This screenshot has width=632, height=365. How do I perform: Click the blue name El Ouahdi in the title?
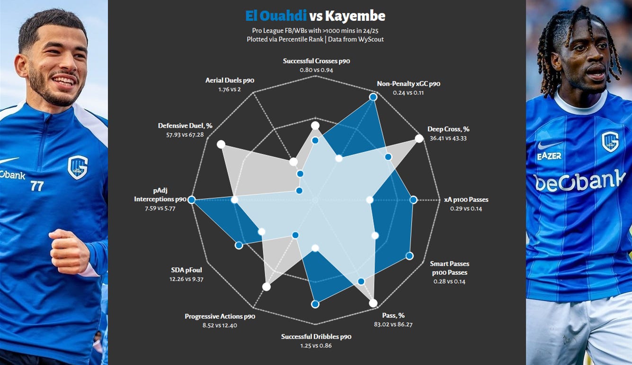tap(276, 16)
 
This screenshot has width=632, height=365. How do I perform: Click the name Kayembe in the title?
tap(355, 17)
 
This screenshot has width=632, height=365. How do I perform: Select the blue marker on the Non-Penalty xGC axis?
tap(373, 97)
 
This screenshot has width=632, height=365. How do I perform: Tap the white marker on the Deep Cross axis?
tap(419, 139)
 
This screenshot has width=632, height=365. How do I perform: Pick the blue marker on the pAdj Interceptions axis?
tap(192, 200)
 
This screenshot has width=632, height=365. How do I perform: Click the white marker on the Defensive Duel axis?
tap(221, 145)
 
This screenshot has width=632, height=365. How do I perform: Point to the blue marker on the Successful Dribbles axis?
tap(315, 304)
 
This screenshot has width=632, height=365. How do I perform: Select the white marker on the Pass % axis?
tap(373, 303)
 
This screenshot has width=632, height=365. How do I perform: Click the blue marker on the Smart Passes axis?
tap(409, 256)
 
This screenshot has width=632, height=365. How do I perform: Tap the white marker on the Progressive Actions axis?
tap(267, 287)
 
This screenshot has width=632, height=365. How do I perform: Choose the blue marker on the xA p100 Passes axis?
tap(413, 200)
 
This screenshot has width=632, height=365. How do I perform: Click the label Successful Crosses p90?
tap(316, 61)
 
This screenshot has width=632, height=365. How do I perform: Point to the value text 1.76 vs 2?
tap(230, 89)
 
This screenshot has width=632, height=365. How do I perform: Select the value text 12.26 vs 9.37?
tap(186, 279)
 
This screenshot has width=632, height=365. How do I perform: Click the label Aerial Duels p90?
tap(230, 80)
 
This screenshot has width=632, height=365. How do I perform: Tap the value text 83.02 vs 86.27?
tap(393, 324)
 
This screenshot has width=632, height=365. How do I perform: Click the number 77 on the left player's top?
tap(37, 186)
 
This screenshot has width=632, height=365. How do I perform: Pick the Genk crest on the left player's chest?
tap(78, 167)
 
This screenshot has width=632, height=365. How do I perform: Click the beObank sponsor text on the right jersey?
tap(579, 181)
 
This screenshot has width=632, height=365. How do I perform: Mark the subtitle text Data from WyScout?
tap(356, 39)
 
